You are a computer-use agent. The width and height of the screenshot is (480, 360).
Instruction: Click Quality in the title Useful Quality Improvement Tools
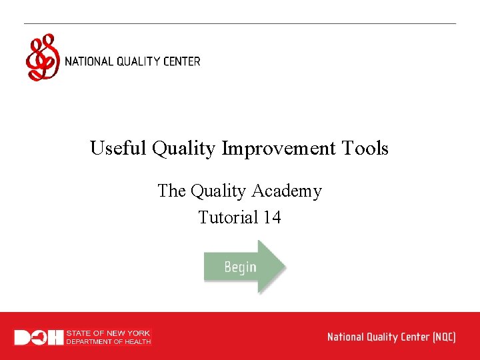(185, 148)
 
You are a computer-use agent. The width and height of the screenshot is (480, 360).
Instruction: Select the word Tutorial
(227, 217)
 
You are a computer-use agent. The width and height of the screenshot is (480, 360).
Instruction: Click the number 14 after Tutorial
(271, 217)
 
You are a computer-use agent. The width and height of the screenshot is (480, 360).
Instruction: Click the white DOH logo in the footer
(39, 337)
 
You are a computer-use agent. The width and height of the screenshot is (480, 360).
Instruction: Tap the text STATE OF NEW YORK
(108, 333)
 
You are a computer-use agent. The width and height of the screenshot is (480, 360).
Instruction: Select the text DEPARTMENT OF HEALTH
(108, 342)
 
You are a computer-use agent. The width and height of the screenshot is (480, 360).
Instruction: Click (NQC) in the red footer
(443, 337)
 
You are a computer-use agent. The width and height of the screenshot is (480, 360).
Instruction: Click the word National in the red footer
(346, 337)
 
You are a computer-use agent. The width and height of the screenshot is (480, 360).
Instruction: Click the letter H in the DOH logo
(55, 337)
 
